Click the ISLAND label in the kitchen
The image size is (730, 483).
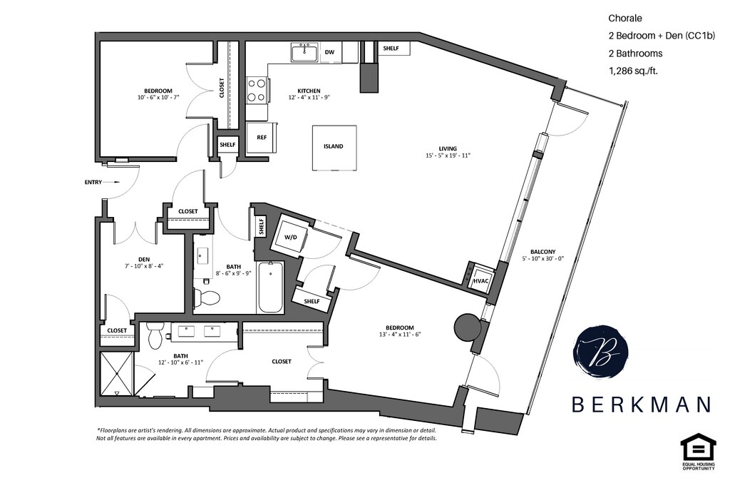[333, 146]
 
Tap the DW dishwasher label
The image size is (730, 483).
[329, 52]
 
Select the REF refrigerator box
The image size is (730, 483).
[262, 137]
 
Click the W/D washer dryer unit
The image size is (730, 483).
[291, 236]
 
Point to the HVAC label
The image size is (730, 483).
[480, 281]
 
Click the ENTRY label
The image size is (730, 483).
[93, 183]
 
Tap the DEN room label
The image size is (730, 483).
[144, 259]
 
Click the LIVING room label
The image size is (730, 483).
[448, 148]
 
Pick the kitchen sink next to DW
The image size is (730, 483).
[304, 52]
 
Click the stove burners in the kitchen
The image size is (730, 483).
[257, 90]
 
